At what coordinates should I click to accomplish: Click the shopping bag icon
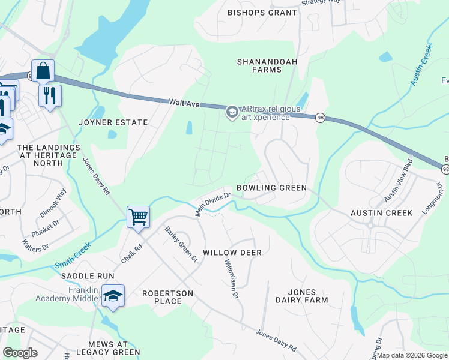click(43, 71)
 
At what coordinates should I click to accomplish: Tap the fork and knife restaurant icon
click(50, 95)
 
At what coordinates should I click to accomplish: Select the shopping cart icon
click(138, 217)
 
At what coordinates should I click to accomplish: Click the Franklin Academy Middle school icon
click(112, 296)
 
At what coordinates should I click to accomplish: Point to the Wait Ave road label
click(183, 103)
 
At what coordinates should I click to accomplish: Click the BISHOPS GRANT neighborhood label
click(262, 13)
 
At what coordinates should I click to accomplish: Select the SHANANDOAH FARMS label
click(259, 65)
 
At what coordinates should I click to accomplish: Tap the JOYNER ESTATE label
click(113, 122)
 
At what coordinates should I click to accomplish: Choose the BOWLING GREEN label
click(271, 188)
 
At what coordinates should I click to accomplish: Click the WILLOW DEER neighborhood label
click(232, 253)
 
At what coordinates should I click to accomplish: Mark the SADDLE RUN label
click(88, 275)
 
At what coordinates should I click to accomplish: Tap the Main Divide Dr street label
click(213, 204)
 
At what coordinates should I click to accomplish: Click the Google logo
click(20, 352)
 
